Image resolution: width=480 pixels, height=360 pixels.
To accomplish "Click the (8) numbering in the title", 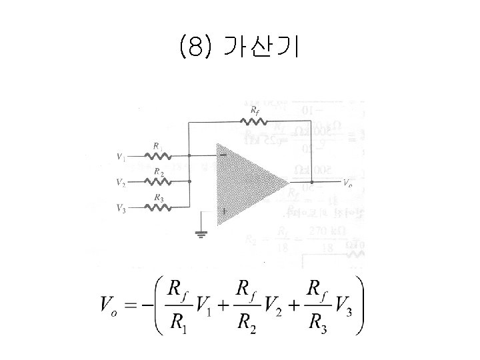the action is [195, 47].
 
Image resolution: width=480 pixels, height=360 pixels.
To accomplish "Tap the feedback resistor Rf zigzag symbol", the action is [254, 121].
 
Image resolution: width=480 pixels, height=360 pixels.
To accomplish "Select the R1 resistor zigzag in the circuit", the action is [159, 156].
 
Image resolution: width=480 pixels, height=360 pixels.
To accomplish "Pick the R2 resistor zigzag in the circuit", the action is [159, 181].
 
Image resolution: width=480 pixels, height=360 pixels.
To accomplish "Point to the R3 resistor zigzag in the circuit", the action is [159, 207].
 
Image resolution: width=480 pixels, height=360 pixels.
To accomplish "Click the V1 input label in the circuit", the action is [121, 157].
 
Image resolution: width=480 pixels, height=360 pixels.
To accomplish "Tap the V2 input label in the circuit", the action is [121, 183].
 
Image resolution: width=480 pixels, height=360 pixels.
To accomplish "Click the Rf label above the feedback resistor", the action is [255, 109].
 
